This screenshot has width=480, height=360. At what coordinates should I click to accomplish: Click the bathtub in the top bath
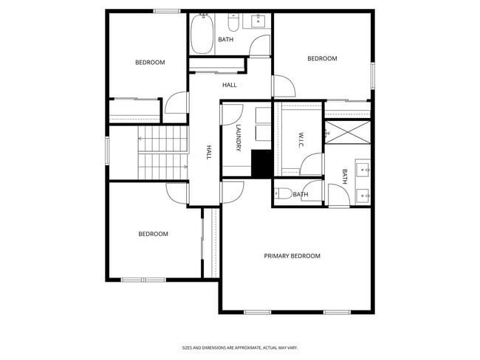(x=202, y=34)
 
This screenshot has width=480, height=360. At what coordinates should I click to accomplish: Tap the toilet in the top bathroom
(x=233, y=18)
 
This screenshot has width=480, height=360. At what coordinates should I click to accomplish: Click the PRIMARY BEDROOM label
(x=292, y=256)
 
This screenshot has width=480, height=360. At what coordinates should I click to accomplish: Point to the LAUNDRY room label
(x=239, y=139)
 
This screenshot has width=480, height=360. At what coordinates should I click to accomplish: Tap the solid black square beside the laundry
(x=261, y=163)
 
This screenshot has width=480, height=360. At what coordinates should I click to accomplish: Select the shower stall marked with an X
(x=348, y=134)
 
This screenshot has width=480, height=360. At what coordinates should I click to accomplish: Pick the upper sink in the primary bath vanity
(x=363, y=170)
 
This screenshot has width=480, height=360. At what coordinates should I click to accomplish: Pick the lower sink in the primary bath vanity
(x=363, y=195)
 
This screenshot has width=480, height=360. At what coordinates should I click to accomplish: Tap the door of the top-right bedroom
(x=284, y=86)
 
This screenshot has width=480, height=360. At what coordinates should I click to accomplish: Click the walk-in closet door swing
(x=312, y=164)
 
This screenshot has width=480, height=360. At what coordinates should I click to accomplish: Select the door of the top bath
(x=260, y=46)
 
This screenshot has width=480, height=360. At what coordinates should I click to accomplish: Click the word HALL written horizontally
(x=229, y=85)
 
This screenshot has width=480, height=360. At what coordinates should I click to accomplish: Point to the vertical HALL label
(x=209, y=153)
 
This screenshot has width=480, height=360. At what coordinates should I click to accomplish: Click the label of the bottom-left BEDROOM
(x=153, y=234)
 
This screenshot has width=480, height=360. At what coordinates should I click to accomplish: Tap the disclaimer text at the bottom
(x=240, y=347)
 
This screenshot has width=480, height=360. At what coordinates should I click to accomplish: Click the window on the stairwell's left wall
(x=108, y=152)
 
